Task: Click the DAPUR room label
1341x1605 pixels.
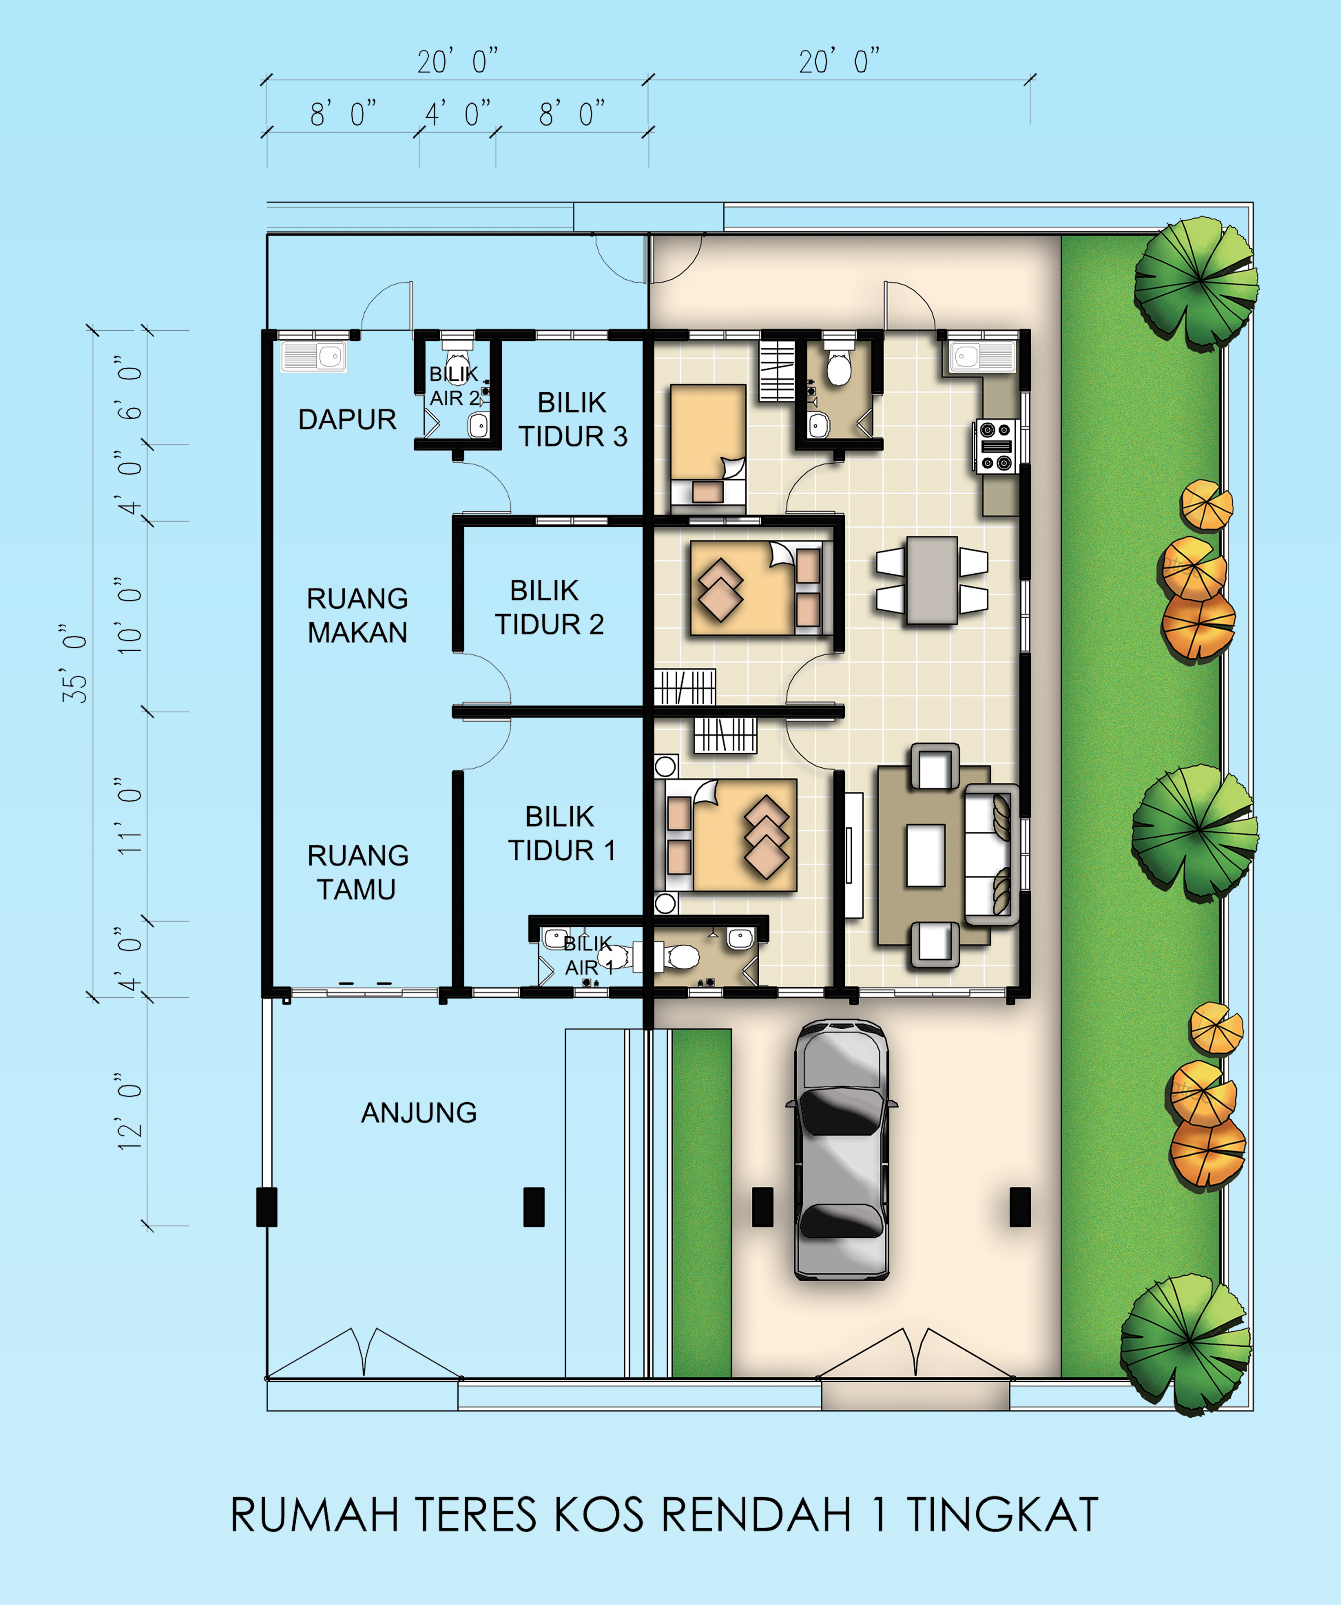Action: tap(347, 420)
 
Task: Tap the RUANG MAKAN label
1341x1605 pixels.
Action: tap(357, 615)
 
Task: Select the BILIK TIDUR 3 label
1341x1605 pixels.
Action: tap(573, 420)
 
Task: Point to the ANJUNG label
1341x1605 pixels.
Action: tap(419, 1113)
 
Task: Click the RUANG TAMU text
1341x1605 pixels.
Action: tap(357, 872)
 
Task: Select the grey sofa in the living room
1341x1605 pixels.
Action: tap(991, 854)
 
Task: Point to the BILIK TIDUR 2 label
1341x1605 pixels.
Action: tap(549, 608)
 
